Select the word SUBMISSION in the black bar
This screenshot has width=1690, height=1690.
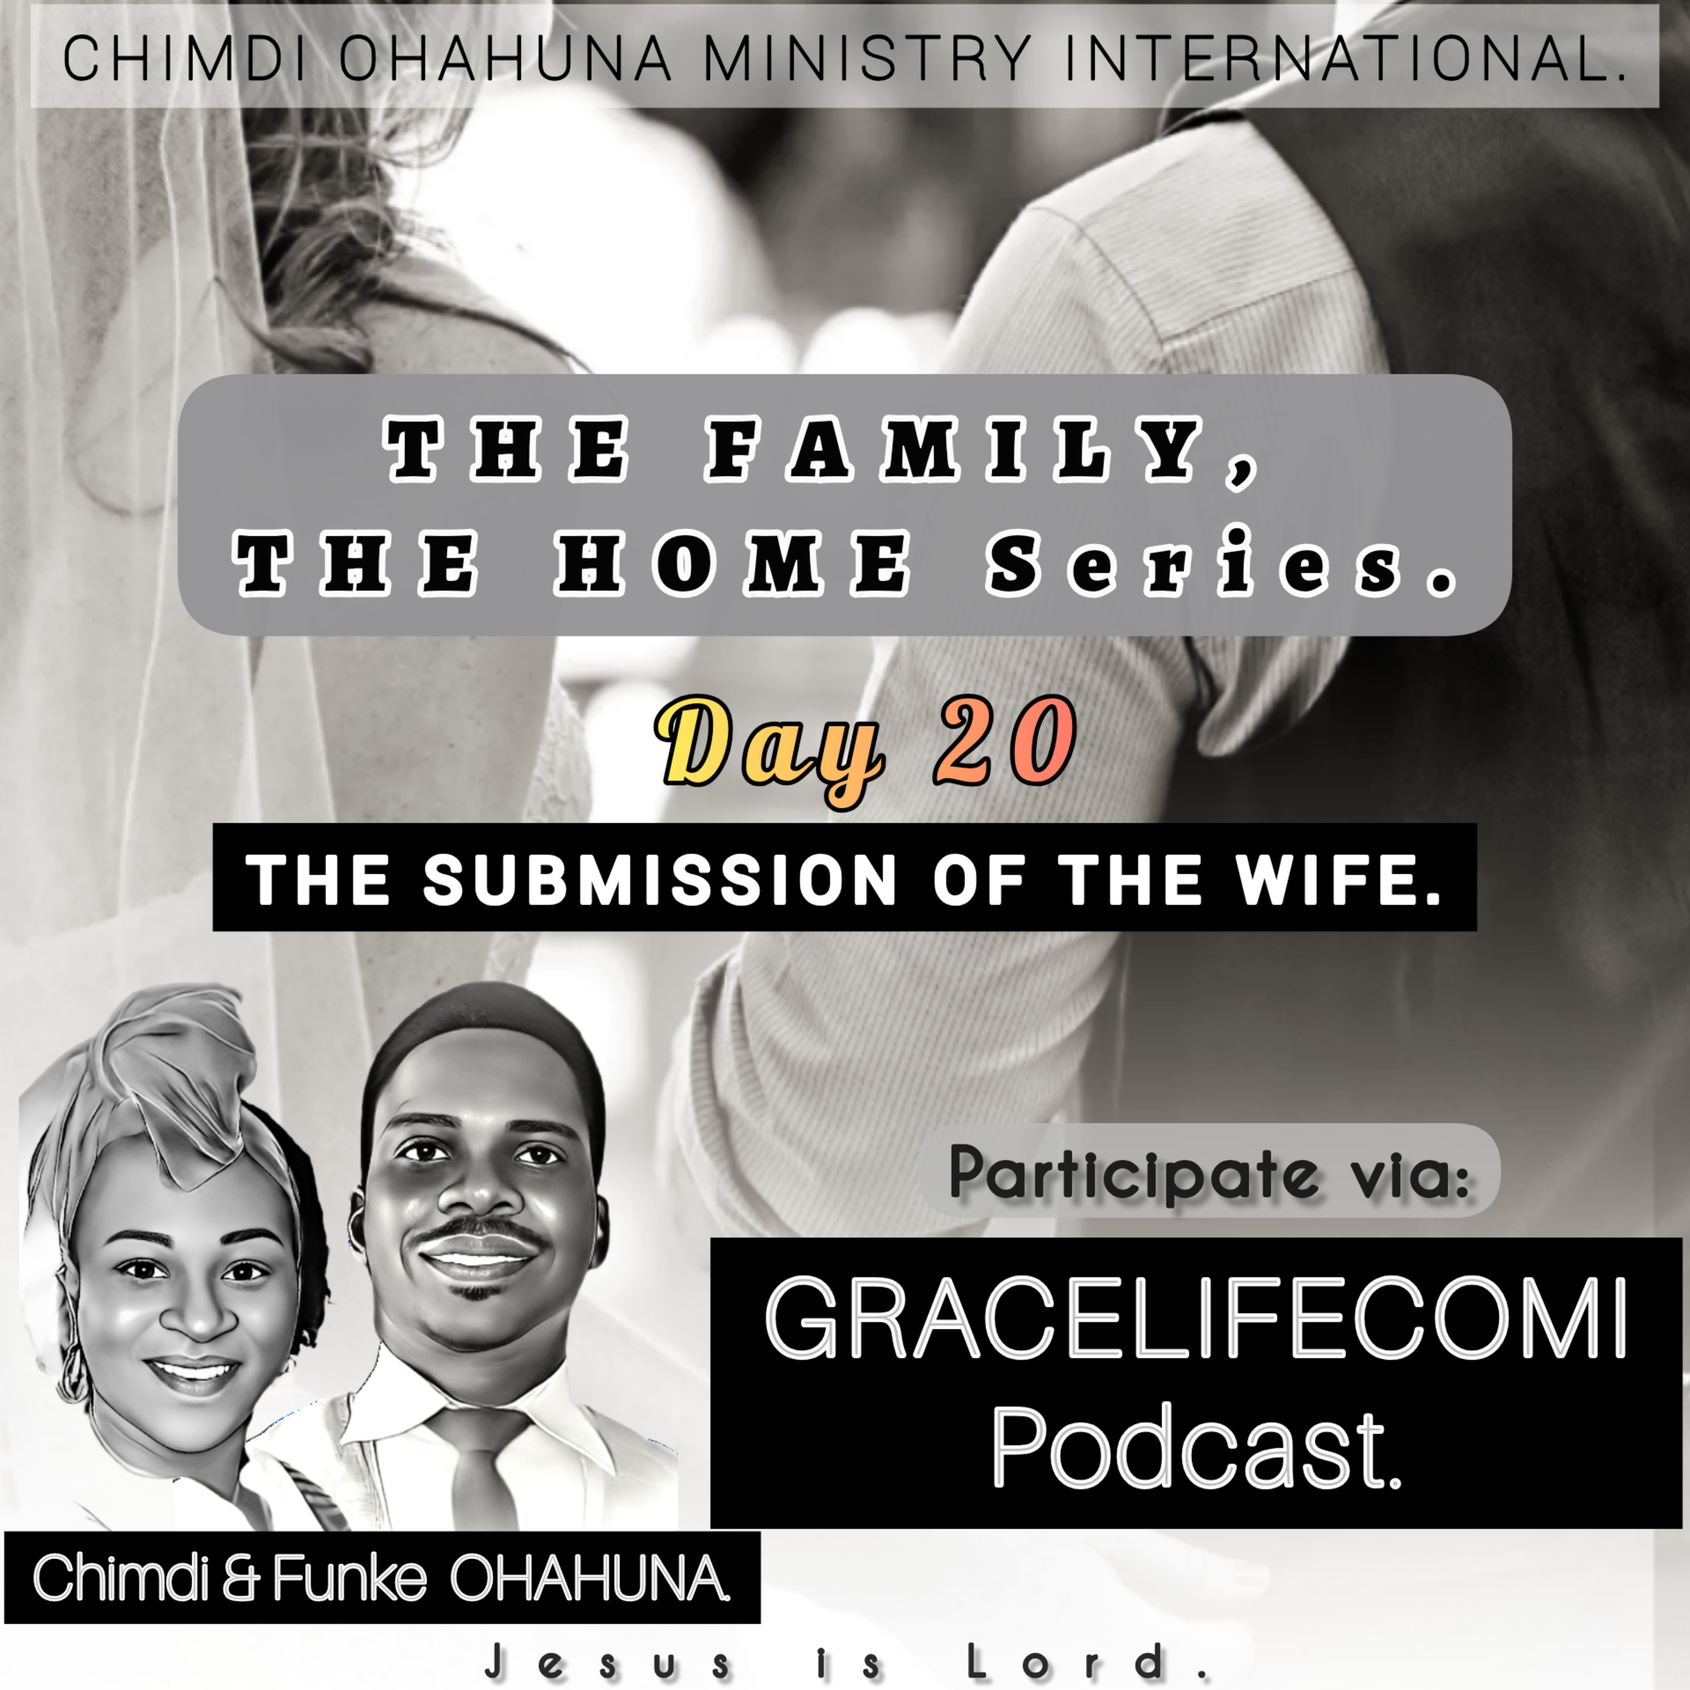pos(660,879)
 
